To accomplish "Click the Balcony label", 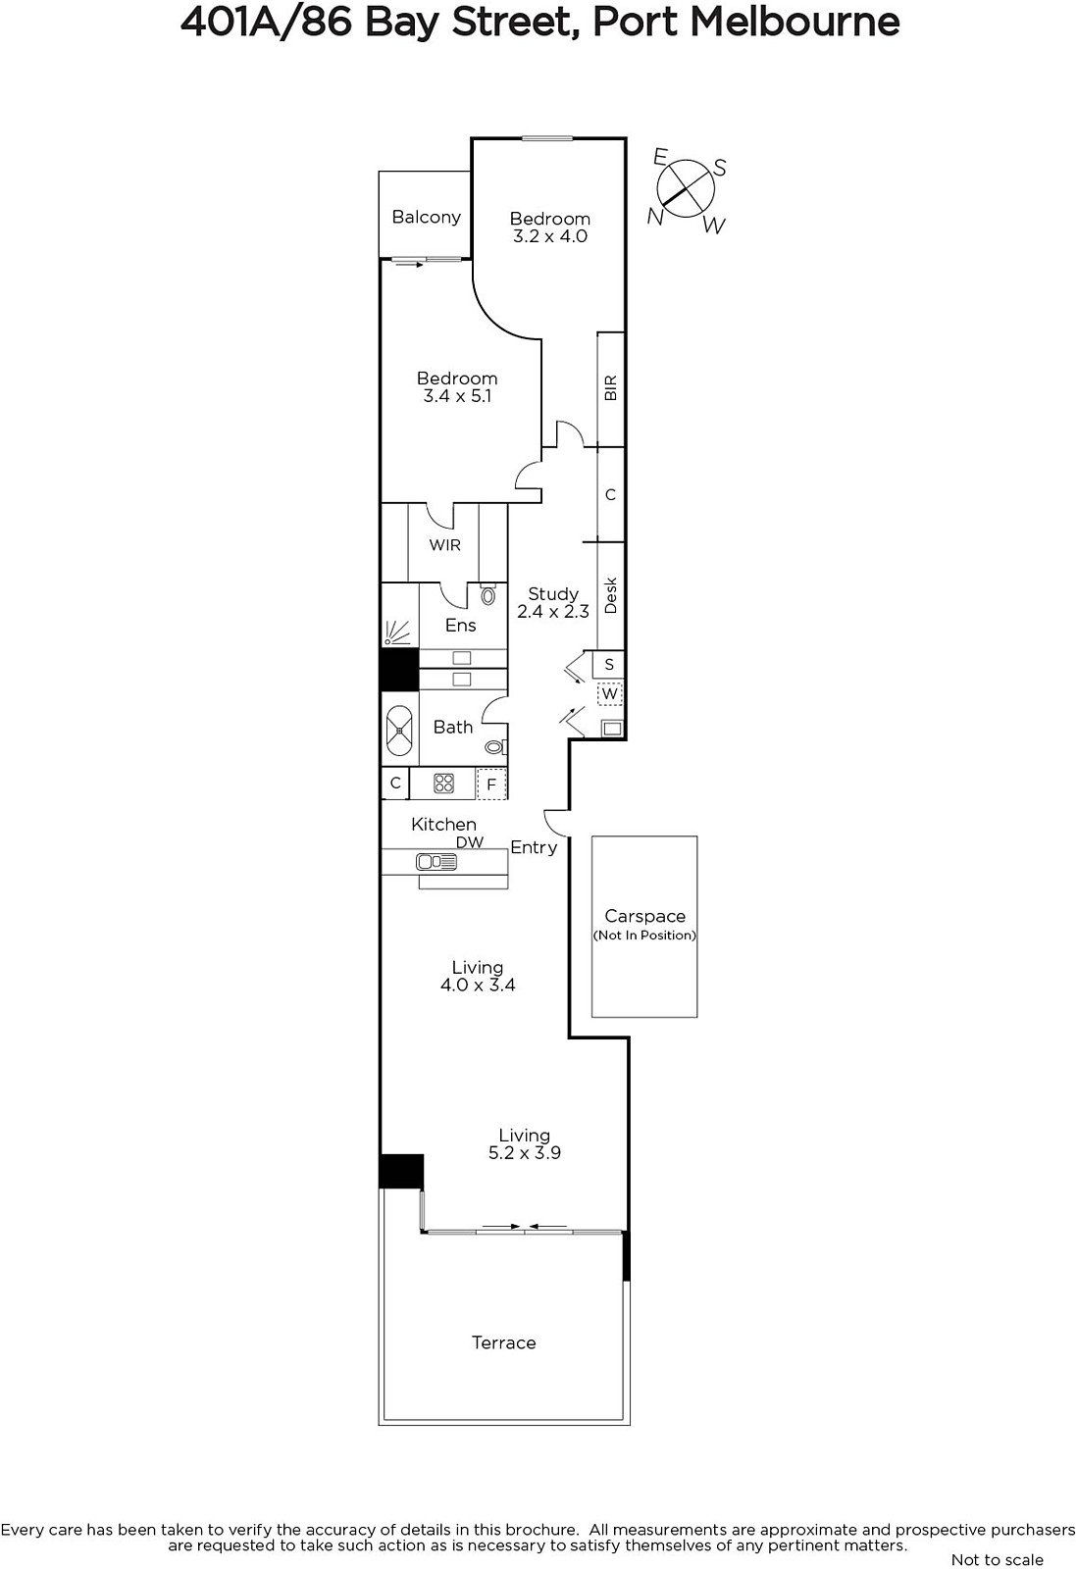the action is click(426, 217).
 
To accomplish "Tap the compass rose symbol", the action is click(686, 188).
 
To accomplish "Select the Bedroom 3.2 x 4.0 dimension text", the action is click(550, 236).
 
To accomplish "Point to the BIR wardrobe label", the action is click(610, 388).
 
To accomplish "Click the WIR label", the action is click(445, 545).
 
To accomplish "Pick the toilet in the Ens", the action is click(488, 594).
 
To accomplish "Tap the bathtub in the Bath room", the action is click(399, 731).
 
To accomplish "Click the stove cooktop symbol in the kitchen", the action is click(443, 783).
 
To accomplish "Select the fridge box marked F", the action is click(491, 784).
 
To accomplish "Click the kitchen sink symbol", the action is click(436, 862).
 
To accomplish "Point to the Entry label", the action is click(534, 847).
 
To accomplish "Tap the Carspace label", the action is click(644, 916).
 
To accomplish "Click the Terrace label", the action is click(504, 1342).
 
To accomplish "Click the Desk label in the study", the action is click(610, 595).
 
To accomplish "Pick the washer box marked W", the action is click(609, 694).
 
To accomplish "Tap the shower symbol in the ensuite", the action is click(397, 633).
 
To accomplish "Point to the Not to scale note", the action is click(997, 1559).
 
